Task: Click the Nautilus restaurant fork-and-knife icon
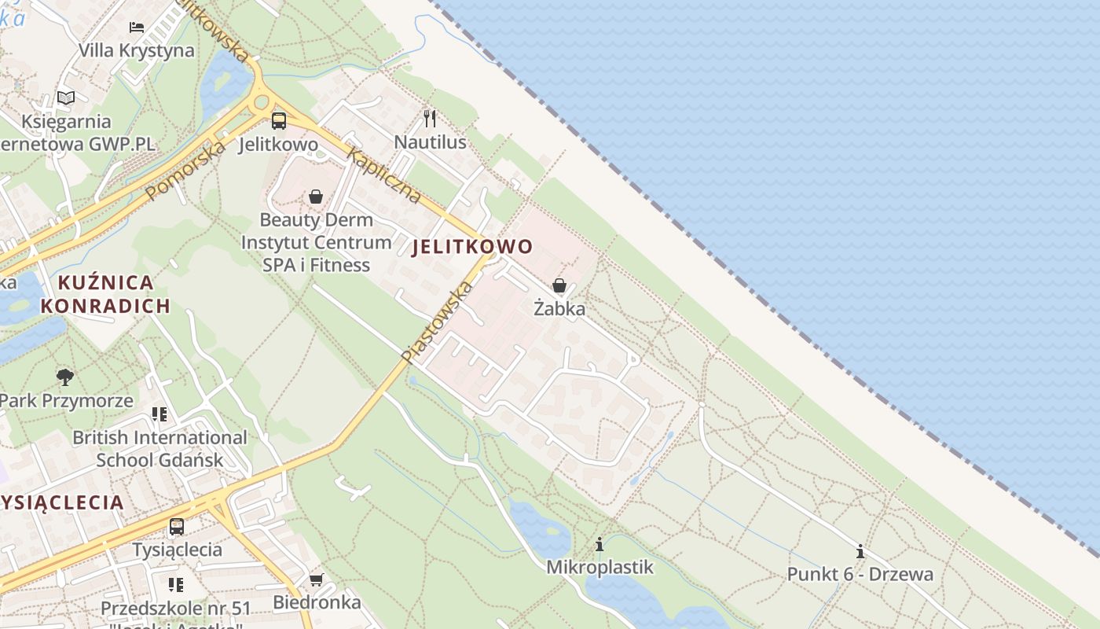(x=430, y=119)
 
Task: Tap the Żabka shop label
(x=559, y=308)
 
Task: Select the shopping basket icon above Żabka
(x=559, y=285)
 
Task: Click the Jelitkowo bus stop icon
(x=279, y=121)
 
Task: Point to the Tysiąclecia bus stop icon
(x=177, y=527)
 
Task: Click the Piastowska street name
(x=438, y=322)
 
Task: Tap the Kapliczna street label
(x=383, y=176)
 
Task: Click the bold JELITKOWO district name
(x=472, y=247)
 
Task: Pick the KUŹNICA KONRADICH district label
(x=105, y=294)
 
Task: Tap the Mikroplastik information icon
(x=599, y=544)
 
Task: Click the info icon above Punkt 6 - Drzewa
(x=860, y=552)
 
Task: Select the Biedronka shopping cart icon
(x=316, y=580)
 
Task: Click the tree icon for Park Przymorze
(x=65, y=377)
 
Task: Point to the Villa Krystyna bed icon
(x=137, y=27)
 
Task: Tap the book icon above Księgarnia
(x=66, y=98)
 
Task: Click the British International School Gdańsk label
(x=159, y=448)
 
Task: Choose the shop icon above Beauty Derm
(x=316, y=197)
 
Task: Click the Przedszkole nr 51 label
(x=175, y=609)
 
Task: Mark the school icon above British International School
(x=159, y=414)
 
